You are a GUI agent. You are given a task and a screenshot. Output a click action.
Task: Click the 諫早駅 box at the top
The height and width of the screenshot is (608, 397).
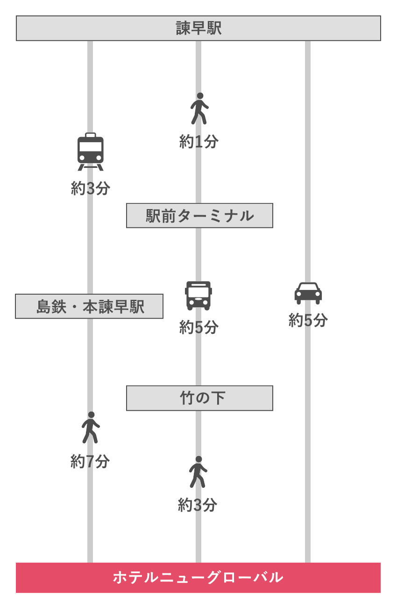point(198,28)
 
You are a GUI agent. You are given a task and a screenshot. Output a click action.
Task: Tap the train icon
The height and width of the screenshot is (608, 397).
point(90,152)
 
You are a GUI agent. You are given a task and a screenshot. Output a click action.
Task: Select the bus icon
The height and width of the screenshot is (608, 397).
point(198,296)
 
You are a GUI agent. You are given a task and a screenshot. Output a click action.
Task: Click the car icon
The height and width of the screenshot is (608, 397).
point(308,293)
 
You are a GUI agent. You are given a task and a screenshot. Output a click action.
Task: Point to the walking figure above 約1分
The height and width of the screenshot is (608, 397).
point(199,109)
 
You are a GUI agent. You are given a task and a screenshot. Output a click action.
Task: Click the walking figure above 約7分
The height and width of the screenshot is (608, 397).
point(90,427)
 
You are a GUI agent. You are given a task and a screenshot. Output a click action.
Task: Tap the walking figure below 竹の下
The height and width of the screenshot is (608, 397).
point(198,472)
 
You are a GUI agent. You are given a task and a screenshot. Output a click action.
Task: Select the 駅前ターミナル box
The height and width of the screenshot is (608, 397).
point(199,216)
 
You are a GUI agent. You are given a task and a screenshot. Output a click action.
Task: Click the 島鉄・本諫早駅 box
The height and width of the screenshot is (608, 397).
point(89,306)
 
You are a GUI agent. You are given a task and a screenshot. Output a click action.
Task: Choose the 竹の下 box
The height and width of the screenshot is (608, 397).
point(199,398)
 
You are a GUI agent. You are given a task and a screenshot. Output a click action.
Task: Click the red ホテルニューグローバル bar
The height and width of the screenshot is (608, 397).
point(198,578)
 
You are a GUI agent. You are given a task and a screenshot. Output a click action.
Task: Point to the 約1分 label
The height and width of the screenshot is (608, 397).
point(199,141)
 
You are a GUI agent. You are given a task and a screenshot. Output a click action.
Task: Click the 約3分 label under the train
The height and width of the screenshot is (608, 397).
point(90,188)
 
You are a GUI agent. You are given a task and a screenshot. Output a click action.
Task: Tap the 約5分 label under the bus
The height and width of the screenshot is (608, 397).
point(199,327)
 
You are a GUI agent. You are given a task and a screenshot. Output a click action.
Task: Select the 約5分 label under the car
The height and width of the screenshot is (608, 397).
point(308,320)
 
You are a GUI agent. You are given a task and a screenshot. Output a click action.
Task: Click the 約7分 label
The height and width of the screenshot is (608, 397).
point(90,461)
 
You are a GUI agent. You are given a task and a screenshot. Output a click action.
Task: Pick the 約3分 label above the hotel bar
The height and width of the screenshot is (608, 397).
point(198,505)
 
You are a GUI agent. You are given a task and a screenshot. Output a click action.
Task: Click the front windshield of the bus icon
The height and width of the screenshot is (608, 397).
point(198,292)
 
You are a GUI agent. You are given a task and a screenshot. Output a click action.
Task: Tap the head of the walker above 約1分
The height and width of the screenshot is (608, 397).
point(200,96)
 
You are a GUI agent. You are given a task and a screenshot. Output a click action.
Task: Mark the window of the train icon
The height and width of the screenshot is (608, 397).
point(90,146)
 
